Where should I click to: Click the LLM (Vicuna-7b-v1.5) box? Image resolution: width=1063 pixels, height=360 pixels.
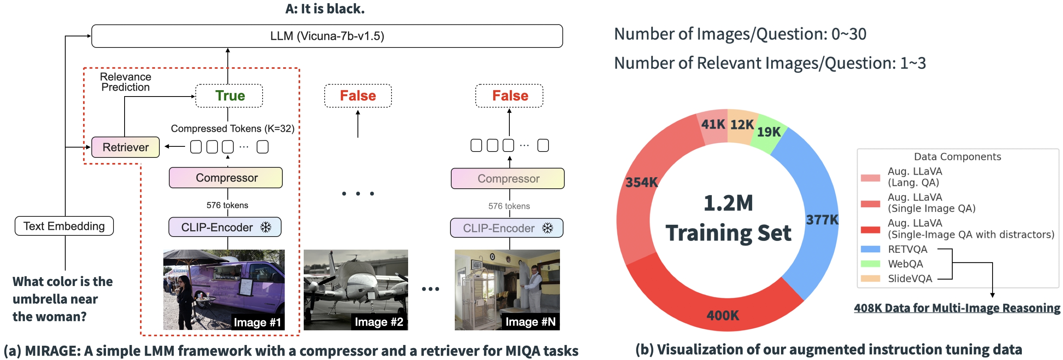(x=327, y=36)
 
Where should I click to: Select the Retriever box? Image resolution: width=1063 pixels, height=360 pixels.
(x=125, y=148)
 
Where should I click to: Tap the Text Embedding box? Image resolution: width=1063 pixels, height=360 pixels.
(x=64, y=226)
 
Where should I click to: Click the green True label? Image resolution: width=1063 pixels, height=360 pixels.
(x=229, y=96)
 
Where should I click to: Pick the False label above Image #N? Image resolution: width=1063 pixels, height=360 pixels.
(x=510, y=96)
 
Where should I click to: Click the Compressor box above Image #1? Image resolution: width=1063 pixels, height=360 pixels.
(x=226, y=178)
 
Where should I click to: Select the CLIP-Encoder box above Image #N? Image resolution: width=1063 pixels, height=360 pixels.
(x=506, y=228)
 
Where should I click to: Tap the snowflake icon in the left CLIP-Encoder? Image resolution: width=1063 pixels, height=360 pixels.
(x=266, y=227)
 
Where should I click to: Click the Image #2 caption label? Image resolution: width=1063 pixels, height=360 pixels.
(x=378, y=322)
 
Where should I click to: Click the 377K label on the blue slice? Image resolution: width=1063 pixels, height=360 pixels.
(x=822, y=220)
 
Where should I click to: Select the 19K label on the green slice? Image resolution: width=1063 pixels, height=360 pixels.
(x=768, y=132)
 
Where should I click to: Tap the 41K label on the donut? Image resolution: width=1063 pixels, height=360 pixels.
(x=713, y=124)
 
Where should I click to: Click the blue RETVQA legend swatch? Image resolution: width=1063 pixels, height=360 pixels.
(x=870, y=249)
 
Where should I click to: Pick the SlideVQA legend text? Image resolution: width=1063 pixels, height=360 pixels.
(x=910, y=279)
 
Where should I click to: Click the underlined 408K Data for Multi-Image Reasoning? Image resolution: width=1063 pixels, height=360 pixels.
(x=957, y=309)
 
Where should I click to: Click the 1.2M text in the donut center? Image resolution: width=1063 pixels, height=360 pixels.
(x=728, y=203)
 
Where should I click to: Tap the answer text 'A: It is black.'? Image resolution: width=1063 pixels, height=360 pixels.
(x=325, y=9)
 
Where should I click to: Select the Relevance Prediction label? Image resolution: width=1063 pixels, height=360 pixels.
(x=125, y=82)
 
